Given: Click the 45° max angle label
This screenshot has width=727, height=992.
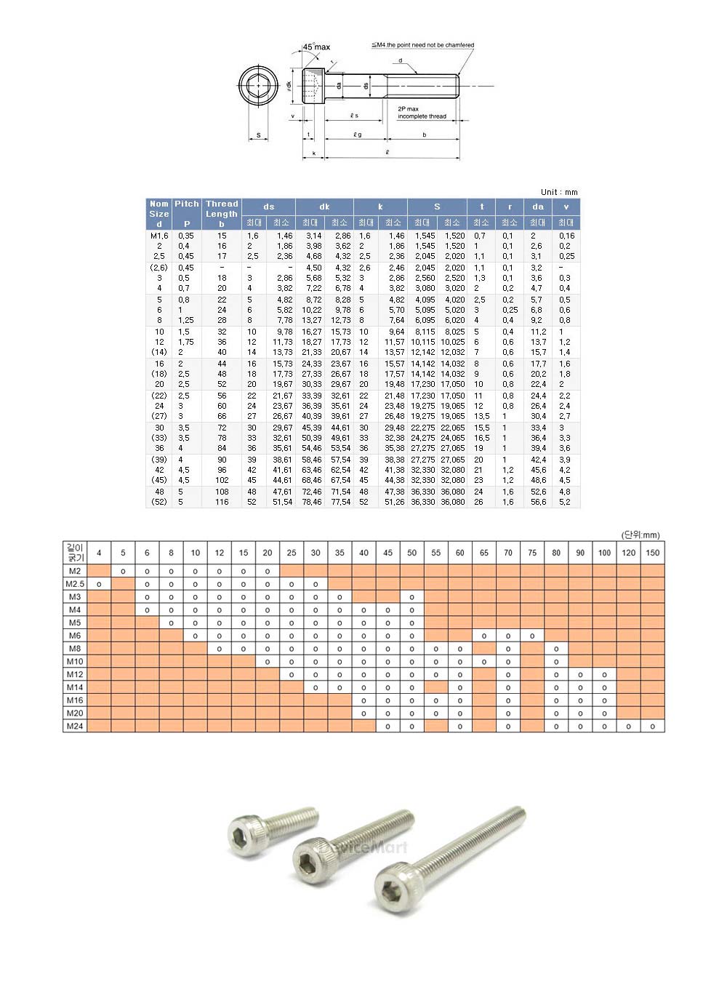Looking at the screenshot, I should point(316,47).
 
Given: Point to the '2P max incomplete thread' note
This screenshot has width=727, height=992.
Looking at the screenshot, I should point(422,113).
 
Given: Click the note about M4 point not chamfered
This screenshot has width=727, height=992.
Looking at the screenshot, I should point(423,45).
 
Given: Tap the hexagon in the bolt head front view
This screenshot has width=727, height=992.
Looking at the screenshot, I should point(258,86).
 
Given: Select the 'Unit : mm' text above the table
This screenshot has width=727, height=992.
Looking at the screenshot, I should point(559,192).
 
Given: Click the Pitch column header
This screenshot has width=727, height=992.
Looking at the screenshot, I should point(186,213).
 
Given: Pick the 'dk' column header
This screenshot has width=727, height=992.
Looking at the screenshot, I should point(324,207).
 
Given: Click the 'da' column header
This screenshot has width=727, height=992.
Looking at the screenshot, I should point(537,207).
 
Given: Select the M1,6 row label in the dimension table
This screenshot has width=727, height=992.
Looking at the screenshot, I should point(159,236).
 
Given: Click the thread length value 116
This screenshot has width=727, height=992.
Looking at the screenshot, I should point(222,502).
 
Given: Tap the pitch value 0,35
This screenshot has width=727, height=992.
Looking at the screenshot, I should point(186,236).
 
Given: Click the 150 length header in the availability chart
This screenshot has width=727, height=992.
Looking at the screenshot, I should point(652,553).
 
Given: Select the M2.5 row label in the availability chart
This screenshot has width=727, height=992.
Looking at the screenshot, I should point(75,584).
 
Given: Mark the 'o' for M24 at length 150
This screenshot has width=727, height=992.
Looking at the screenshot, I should point(652,726).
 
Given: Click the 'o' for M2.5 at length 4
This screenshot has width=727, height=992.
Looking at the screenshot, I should point(99,584).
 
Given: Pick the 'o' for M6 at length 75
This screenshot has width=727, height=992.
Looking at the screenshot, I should point(532,636).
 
